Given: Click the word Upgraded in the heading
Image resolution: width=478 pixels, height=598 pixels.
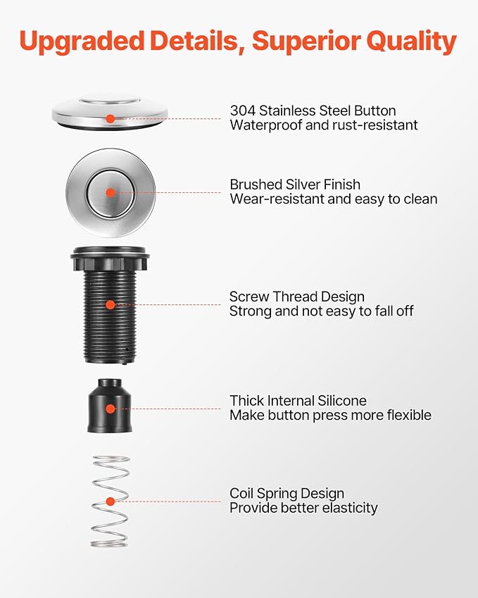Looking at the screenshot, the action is (x=82, y=41).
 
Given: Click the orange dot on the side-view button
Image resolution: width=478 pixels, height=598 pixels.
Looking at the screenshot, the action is (x=111, y=118).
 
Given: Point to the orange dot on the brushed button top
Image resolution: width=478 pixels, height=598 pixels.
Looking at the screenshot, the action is (x=111, y=192).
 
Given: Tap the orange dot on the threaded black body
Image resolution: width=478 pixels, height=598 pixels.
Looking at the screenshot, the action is (x=111, y=305).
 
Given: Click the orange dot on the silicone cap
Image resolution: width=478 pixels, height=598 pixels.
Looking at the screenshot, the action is (x=111, y=409).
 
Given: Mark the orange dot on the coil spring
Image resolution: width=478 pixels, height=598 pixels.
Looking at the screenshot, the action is (x=111, y=502).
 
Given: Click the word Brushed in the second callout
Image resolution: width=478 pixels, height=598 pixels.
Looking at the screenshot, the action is (x=256, y=185).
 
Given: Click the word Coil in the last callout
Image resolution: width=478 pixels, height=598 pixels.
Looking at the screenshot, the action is (x=241, y=494).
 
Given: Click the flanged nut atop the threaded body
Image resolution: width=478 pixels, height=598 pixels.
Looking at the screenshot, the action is (x=110, y=259).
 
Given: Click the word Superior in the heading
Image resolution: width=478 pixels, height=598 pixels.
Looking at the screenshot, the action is (x=306, y=41).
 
